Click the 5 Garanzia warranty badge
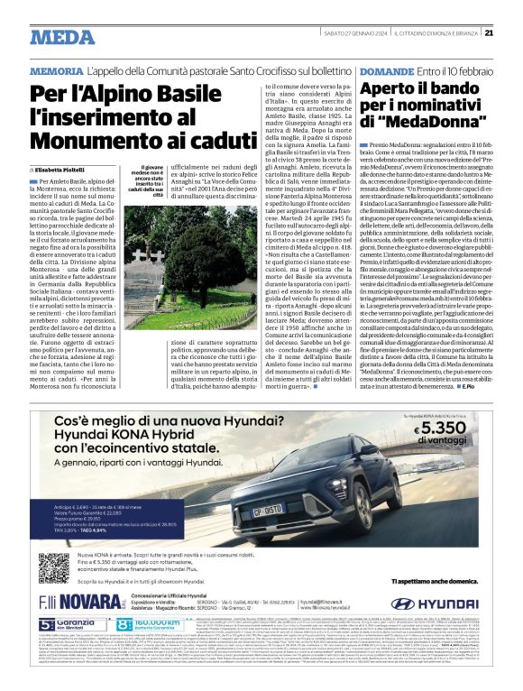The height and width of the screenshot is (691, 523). point(61,649)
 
